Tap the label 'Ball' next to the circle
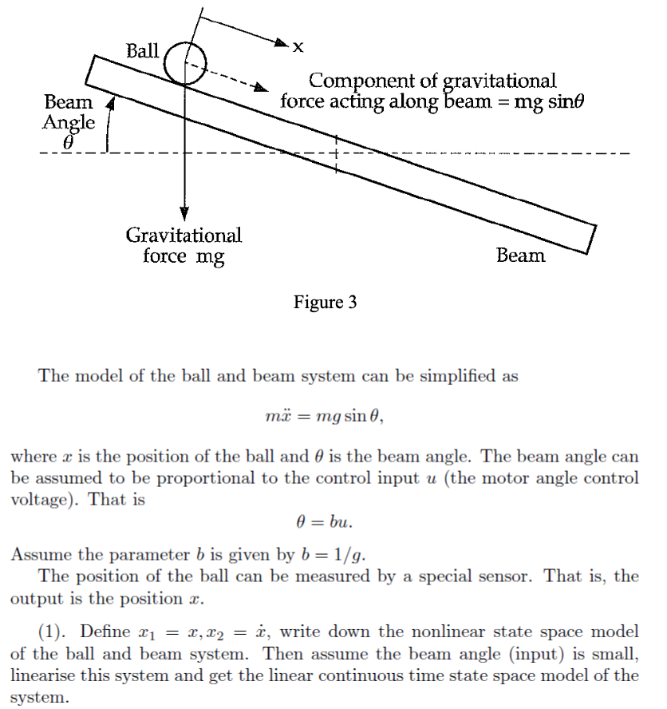coord(143,51)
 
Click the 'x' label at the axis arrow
coord(298,48)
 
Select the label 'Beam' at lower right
coord(520,255)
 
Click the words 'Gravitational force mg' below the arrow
coord(184,246)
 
